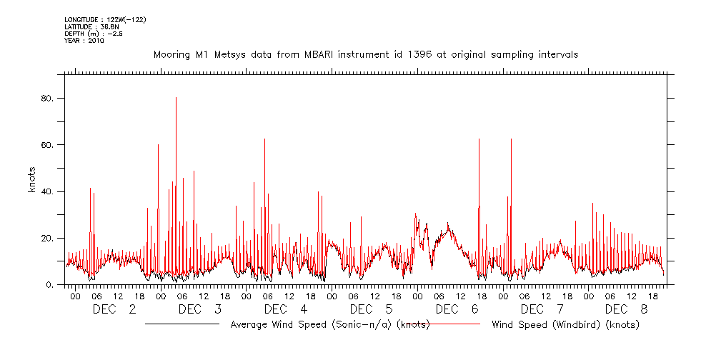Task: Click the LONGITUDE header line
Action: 105,20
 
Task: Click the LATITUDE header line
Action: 90,27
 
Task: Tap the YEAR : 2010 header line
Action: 84,41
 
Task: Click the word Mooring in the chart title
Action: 173,54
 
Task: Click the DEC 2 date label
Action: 114,309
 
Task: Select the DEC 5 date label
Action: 371,309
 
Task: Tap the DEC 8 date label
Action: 627,309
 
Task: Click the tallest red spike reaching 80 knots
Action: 176,100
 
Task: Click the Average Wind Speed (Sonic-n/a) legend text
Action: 329,325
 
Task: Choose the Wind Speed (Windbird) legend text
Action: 565,325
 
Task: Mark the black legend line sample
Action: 182,324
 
